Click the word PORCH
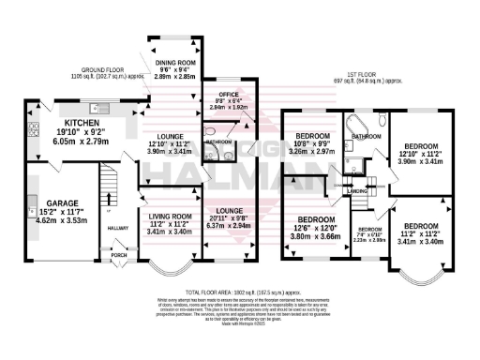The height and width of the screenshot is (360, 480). pos(119,252)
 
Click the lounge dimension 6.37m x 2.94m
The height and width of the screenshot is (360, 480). pos(230,226)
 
